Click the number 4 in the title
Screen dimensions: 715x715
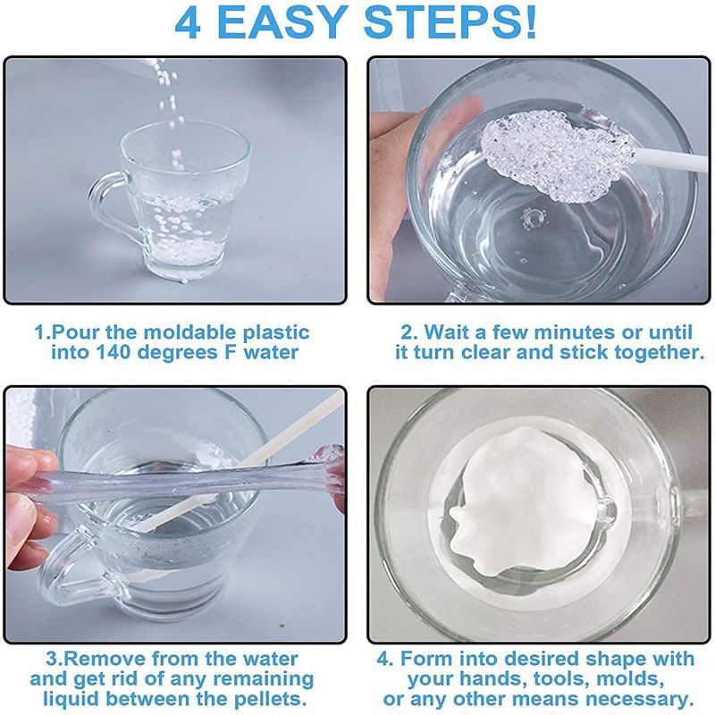coord(188,23)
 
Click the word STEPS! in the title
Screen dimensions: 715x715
coord(450,22)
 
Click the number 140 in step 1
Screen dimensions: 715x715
coord(114,352)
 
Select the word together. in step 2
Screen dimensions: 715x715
coord(659,352)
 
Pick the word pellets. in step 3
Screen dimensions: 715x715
coord(270,699)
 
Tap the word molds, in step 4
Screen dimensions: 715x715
coord(630,679)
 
